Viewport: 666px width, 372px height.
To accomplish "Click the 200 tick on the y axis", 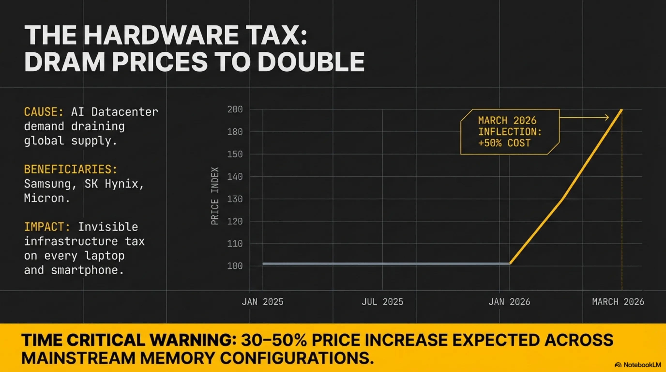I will coord(235,109).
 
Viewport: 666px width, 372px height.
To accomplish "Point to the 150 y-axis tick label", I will coord(235,154).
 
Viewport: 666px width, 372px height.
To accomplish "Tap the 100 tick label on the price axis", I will coord(235,266).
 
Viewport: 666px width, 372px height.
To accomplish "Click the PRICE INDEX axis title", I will coord(215,196).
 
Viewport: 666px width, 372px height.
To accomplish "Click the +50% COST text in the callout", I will coord(504,143).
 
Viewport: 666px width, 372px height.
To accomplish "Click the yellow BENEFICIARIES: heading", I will coord(71,170).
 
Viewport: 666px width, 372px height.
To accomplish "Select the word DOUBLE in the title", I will coord(311,62).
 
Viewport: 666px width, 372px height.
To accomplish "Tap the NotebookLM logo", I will coord(637,365).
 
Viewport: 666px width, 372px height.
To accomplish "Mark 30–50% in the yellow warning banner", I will coord(274,340).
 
